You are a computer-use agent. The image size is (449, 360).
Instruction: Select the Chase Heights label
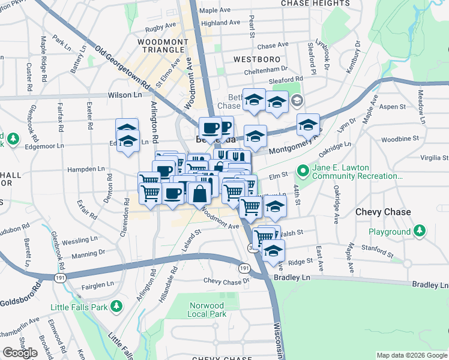tap(315, 4)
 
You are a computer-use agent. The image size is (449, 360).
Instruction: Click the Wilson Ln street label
tap(125, 95)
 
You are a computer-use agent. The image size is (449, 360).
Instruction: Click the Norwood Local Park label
tap(206, 310)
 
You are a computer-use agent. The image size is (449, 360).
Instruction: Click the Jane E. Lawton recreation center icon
tap(303, 172)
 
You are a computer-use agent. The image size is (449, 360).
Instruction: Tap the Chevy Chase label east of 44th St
tap(383, 212)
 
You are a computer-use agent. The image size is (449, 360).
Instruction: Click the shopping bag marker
tap(199, 193)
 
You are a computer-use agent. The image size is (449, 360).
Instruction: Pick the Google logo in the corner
tap(20, 353)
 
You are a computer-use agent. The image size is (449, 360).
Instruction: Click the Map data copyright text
tap(412, 356)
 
